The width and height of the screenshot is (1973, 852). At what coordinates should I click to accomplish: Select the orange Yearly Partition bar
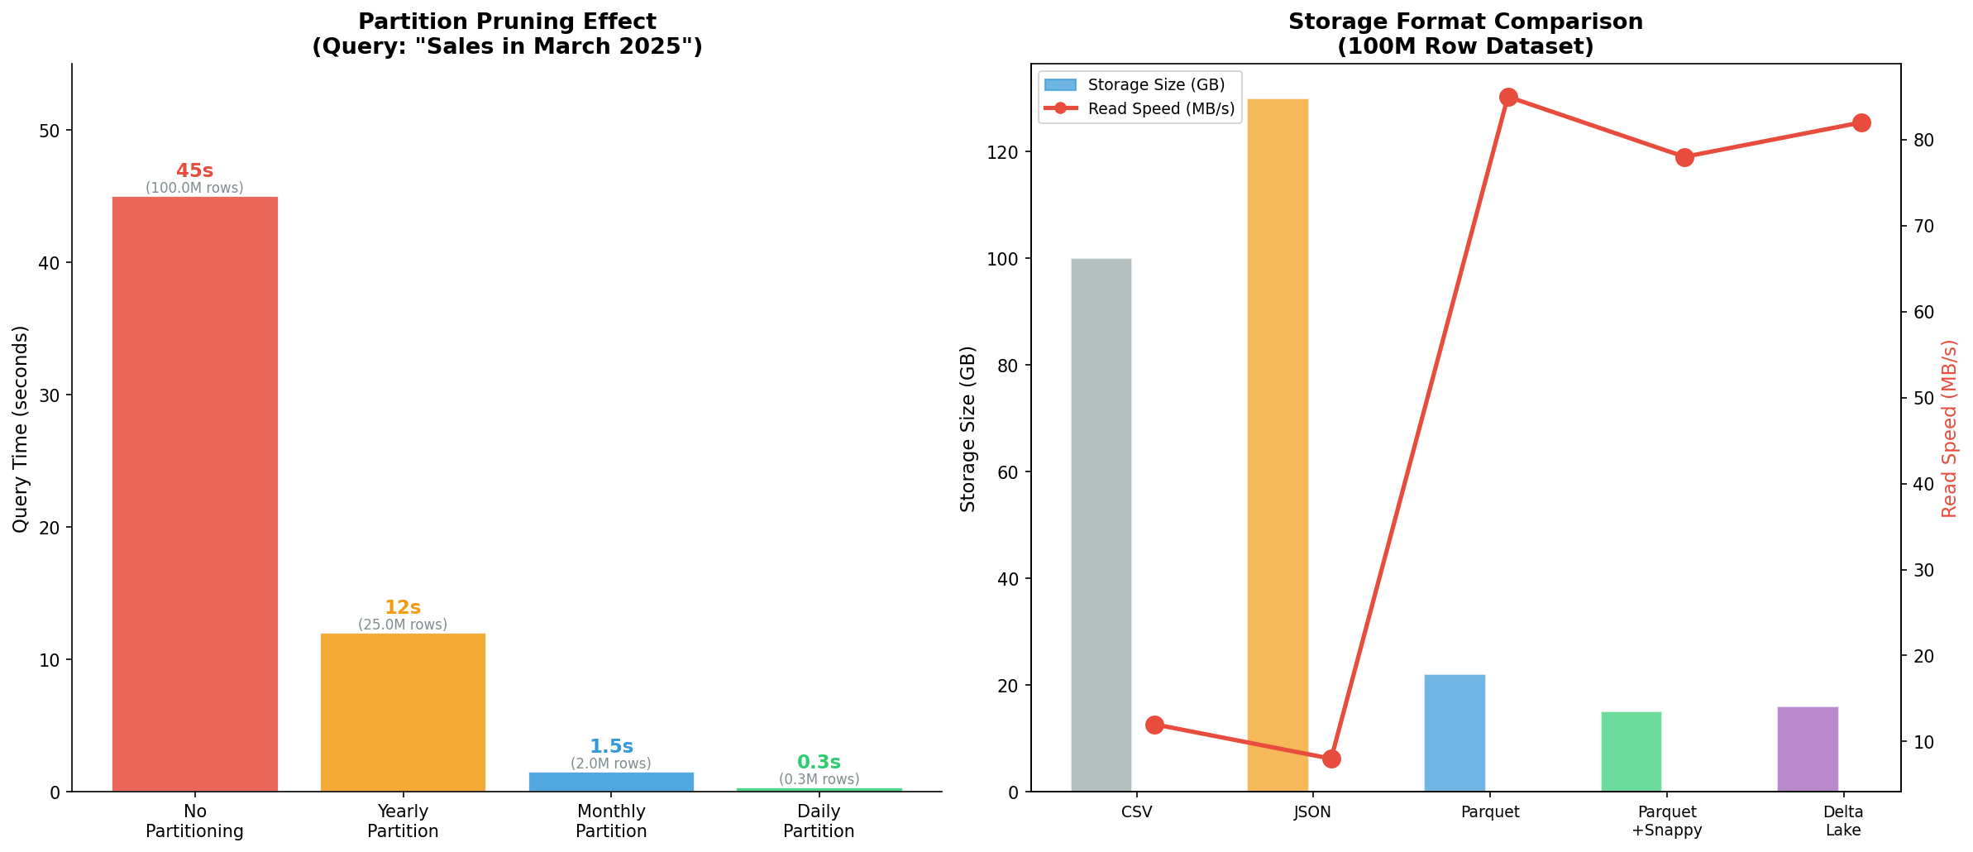tap(403, 712)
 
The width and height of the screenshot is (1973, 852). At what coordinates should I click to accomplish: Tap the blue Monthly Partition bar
tap(611, 782)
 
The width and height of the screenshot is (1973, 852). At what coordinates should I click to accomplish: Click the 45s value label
tap(194, 171)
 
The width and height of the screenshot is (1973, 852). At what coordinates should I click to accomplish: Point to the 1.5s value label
tap(611, 747)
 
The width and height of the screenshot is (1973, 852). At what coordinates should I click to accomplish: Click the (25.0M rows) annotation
tap(403, 625)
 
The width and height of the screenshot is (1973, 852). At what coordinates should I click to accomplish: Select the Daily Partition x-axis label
tap(819, 821)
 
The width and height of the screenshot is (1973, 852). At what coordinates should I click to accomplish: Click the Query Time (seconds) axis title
tap(21, 428)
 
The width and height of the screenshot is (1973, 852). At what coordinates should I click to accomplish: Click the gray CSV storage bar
tap(1101, 524)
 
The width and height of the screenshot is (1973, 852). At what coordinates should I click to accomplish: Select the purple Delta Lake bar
tap(1808, 749)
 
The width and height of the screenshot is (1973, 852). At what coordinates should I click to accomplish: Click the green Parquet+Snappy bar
tap(1631, 751)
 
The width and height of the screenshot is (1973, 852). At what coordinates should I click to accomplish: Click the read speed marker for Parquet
tap(1508, 98)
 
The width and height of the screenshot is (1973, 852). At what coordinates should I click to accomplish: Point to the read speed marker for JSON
tap(1331, 759)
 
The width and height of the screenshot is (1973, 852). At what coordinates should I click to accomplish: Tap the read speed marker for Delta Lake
tap(1861, 123)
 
